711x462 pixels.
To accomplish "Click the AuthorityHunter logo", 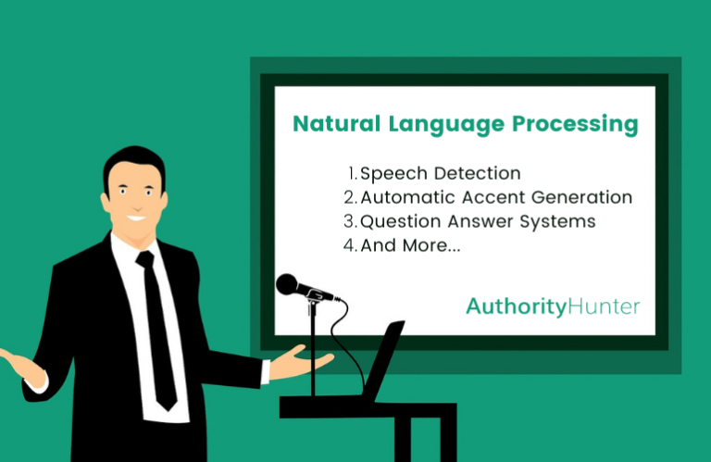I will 552,306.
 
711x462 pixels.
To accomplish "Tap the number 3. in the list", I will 350,222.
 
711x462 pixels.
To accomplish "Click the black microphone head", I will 288,283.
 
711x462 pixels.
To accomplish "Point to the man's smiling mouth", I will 136,219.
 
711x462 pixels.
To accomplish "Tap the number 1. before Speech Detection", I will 353,173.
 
